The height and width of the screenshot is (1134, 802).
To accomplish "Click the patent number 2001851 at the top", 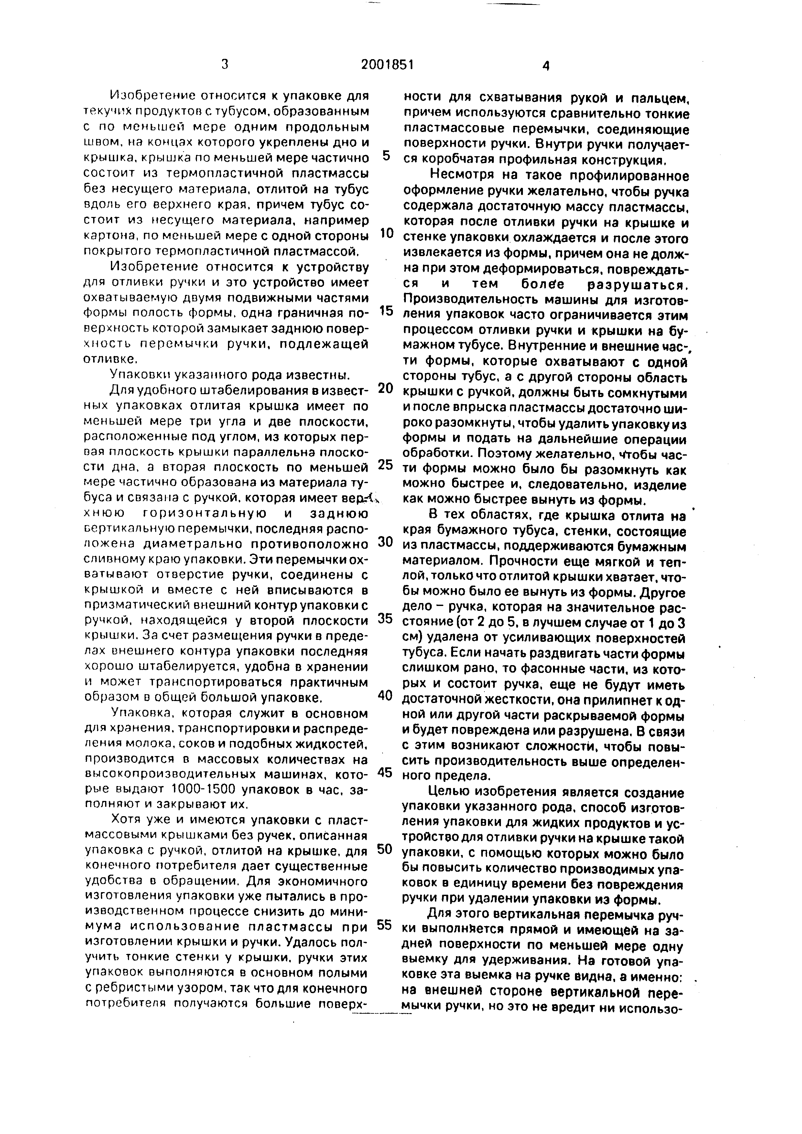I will pyautogui.click(x=387, y=65).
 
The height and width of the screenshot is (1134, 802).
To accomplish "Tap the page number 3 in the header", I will pyautogui.click(x=225, y=64).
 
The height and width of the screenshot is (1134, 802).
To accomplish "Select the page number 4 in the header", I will pyautogui.click(x=546, y=66).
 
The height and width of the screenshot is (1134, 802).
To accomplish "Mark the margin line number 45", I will pyautogui.click(x=385, y=772).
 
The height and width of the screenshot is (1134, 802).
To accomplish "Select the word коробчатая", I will pyautogui.click(x=454, y=160).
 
